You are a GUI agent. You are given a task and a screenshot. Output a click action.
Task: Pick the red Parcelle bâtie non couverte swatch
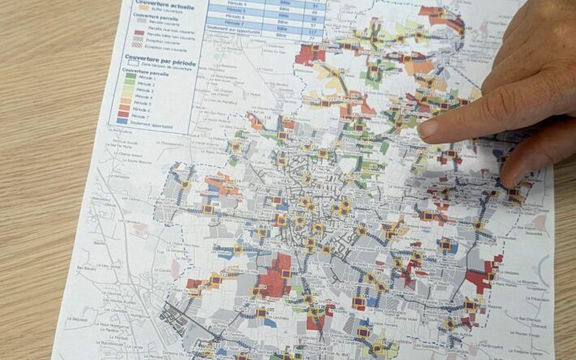tap(127, 32)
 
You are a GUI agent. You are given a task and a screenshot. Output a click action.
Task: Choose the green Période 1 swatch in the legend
tap(121, 78)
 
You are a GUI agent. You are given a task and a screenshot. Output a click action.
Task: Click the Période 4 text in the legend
tap(140, 97)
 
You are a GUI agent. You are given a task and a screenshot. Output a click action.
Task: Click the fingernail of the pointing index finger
tap(428, 128)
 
